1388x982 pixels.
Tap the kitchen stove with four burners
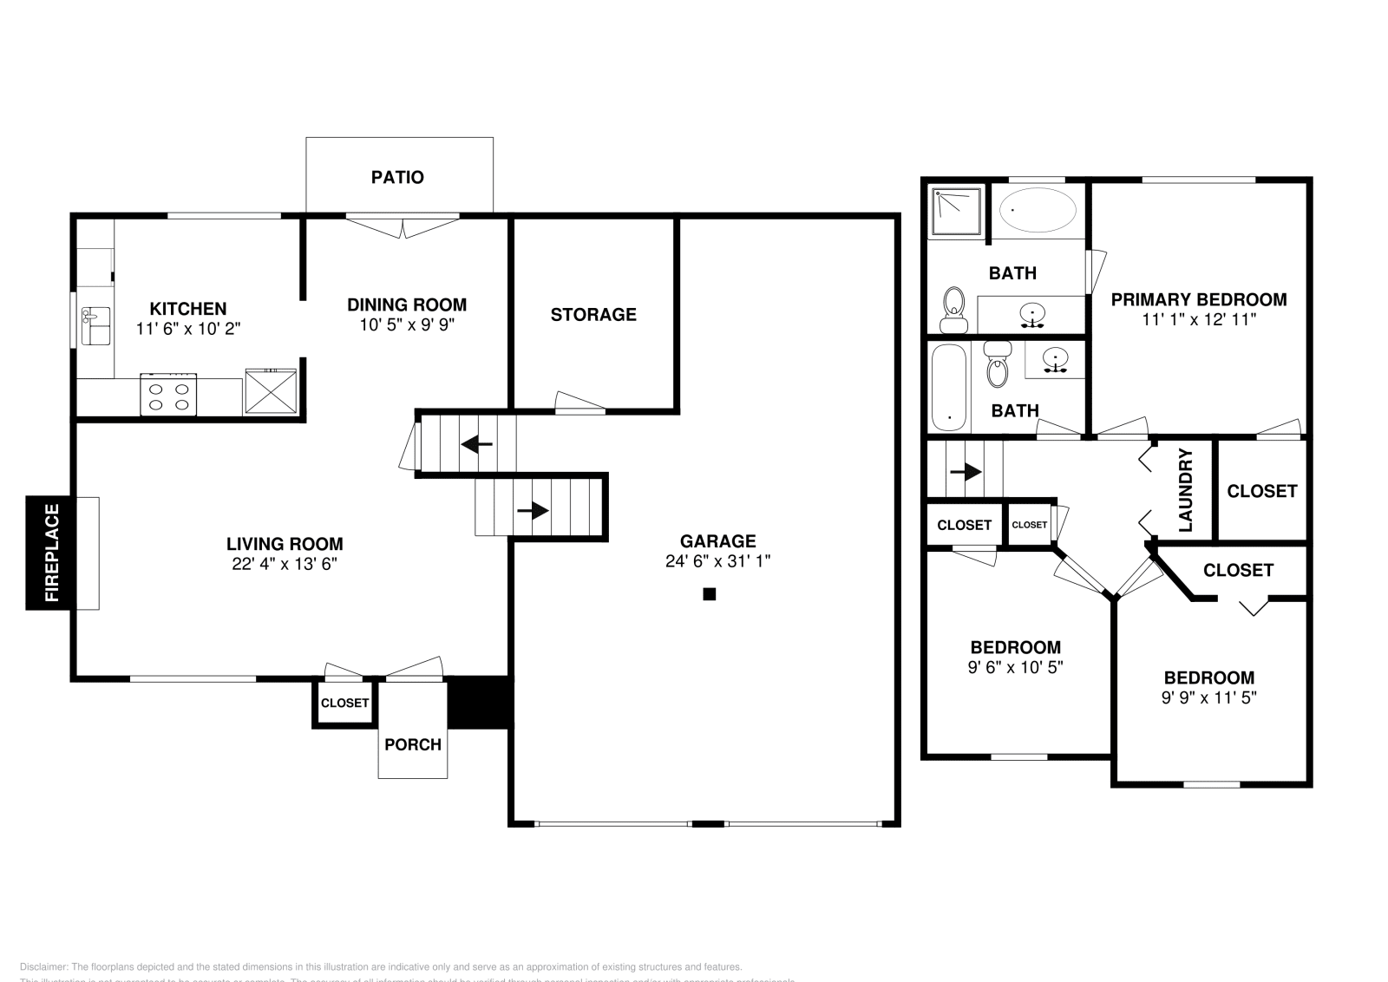168,396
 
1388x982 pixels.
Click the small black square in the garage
709,594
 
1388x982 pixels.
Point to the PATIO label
397,177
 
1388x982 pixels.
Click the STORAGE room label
593,314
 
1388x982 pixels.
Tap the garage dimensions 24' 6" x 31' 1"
717,561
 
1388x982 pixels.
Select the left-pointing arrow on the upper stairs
476,445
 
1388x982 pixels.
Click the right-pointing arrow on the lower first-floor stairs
534,510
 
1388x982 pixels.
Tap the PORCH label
413,744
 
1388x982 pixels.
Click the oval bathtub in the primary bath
1038,210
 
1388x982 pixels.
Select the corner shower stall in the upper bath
955,211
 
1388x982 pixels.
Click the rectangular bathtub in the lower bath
948,387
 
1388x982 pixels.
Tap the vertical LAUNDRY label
1186,490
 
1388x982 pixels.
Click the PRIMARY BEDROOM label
1199,299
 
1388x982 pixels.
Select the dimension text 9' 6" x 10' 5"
1015,667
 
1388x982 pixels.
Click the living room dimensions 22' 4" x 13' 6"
284,564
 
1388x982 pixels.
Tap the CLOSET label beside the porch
344,703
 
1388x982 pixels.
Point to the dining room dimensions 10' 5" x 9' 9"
407,325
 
